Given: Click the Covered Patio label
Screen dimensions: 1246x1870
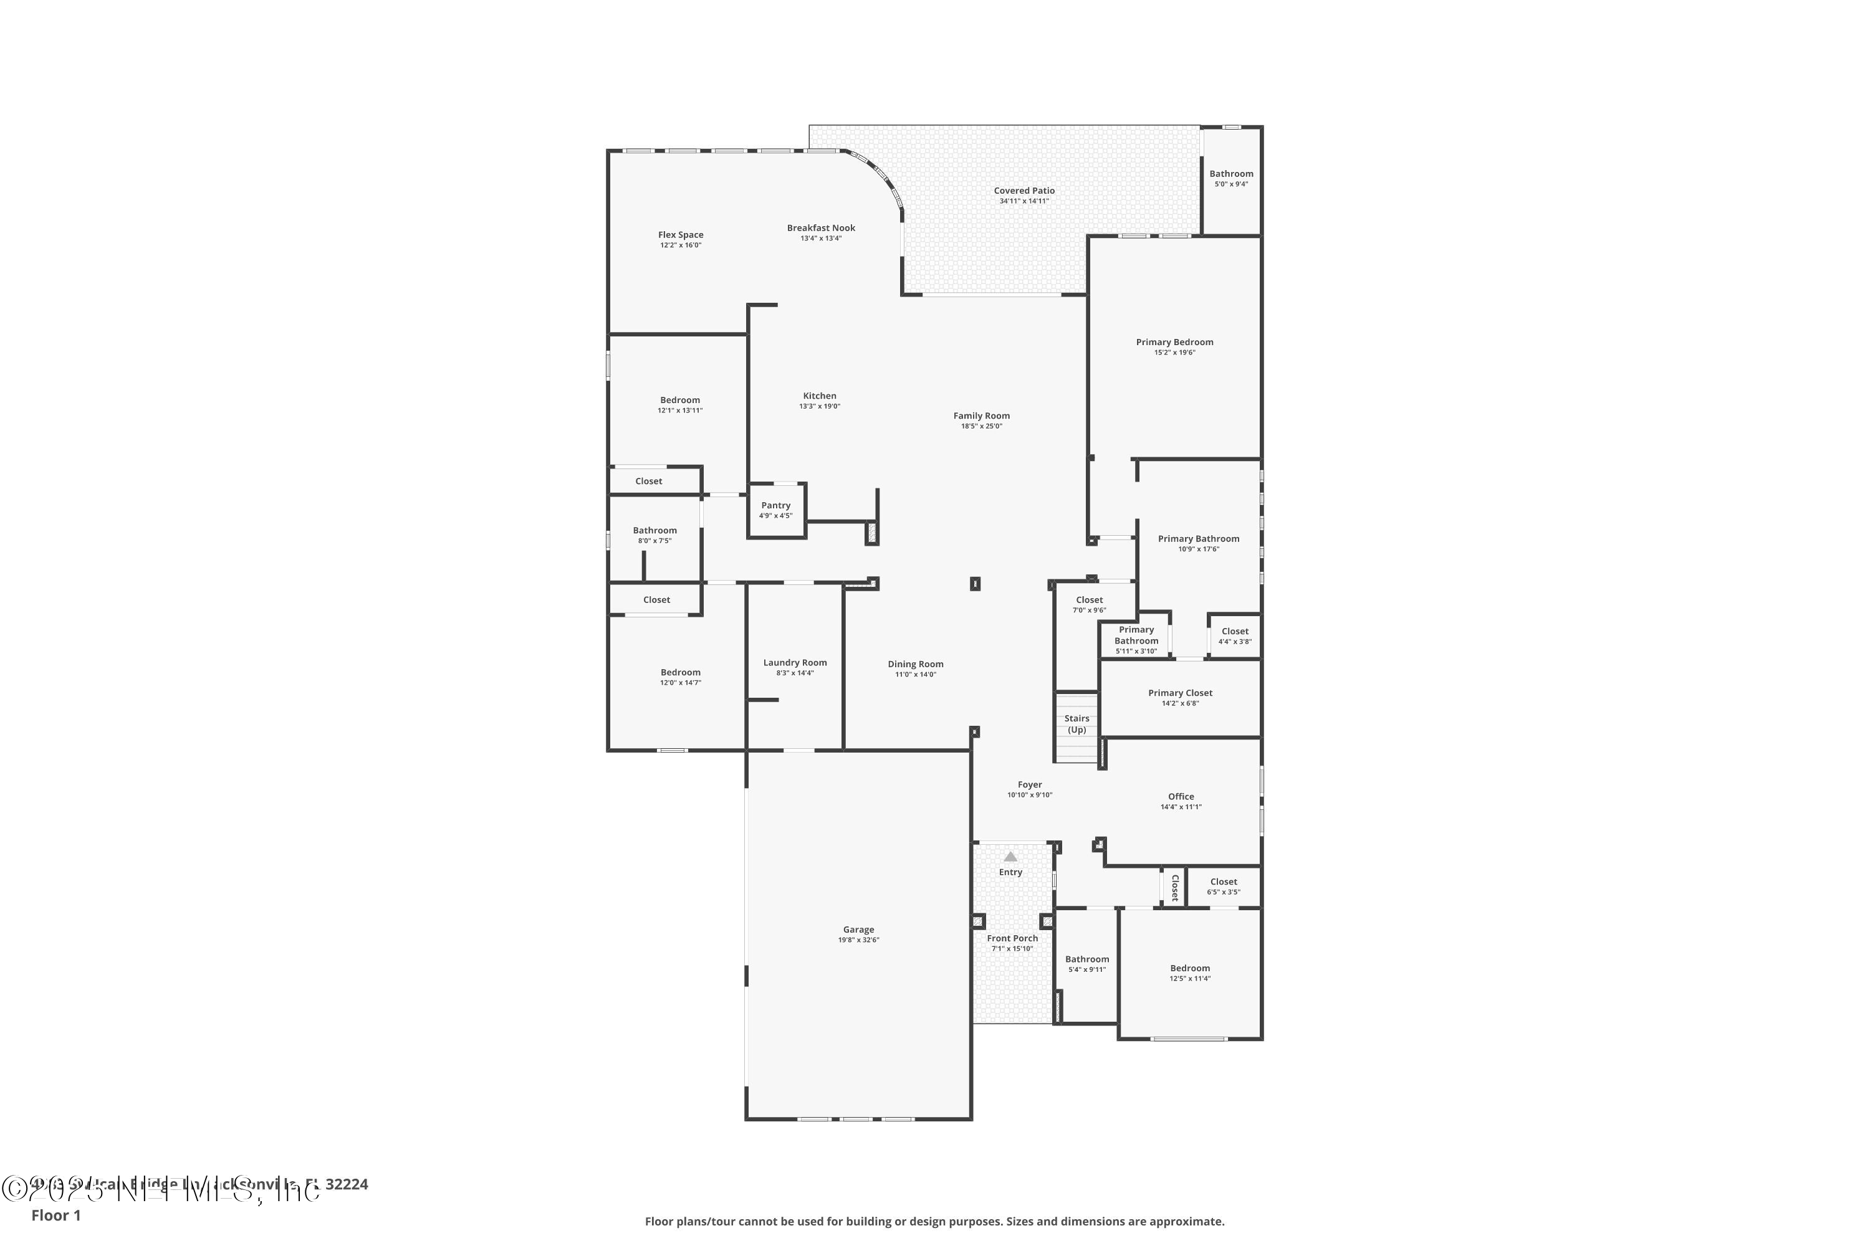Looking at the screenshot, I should coord(1024,191).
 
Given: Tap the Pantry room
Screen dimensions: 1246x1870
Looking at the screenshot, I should coord(776,510).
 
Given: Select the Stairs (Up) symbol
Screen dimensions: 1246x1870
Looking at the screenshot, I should coord(1076,724).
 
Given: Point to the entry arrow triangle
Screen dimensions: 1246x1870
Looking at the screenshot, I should coord(1010,857).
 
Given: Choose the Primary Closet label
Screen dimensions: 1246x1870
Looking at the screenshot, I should coord(1180,693).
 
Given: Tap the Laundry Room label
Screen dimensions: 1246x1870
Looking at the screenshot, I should coord(795,663).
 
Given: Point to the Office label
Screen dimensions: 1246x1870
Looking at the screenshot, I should coord(1181,796).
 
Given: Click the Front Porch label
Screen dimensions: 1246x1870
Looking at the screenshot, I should coord(1012,938).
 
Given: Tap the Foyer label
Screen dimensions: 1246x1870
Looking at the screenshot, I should coord(1030,784).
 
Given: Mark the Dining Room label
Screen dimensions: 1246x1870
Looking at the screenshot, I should coord(915,664).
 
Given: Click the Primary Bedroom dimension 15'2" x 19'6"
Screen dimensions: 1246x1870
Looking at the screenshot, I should coord(1174,353).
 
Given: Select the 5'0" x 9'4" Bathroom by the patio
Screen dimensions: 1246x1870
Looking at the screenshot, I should coord(1230,179).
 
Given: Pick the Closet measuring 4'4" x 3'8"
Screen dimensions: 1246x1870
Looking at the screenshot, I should coord(1235,635).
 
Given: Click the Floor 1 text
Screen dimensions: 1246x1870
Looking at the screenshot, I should coord(55,1215).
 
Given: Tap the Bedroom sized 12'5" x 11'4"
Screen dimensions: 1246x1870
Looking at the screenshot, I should coord(1189,973).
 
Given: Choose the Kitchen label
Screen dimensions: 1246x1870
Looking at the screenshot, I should coord(819,396).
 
